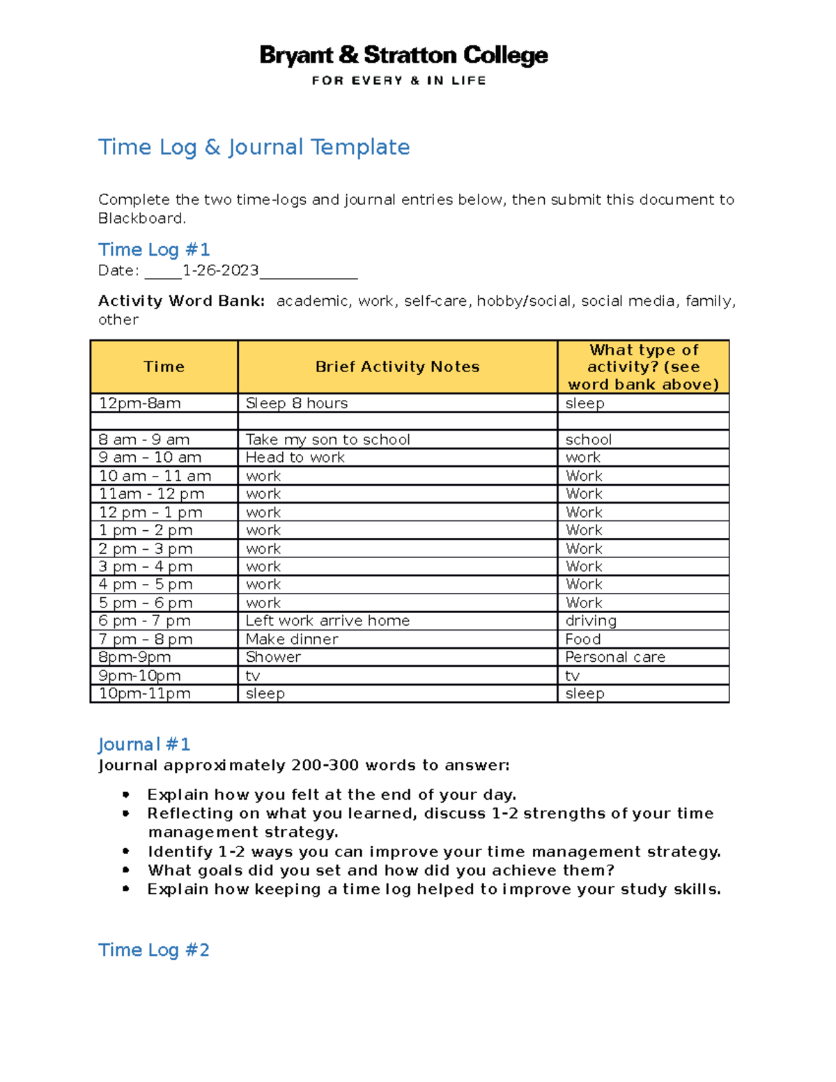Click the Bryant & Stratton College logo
(x=403, y=64)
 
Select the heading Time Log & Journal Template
(x=254, y=147)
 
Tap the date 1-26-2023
(x=220, y=270)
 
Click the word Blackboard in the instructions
(x=141, y=218)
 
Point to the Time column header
(x=164, y=366)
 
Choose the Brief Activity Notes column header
(x=397, y=366)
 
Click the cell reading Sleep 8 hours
(x=297, y=403)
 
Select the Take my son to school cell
(x=327, y=440)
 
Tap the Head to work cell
(x=295, y=458)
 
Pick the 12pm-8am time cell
(x=140, y=403)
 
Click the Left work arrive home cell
(x=327, y=621)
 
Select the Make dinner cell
(x=292, y=639)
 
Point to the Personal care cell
(x=615, y=657)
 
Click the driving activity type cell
(x=591, y=621)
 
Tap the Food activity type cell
(x=583, y=639)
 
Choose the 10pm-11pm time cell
(x=144, y=693)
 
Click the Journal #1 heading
(x=144, y=744)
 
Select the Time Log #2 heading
(x=153, y=950)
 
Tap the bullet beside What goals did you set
(x=126, y=870)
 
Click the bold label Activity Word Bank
(x=181, y=301)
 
